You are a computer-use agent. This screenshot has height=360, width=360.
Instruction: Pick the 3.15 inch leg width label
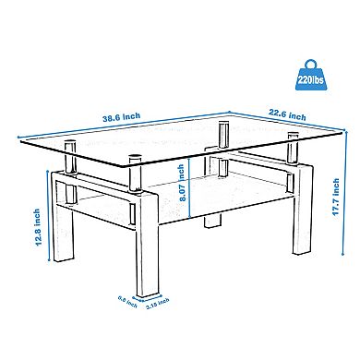pyautogui.click(x=159, y=302)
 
